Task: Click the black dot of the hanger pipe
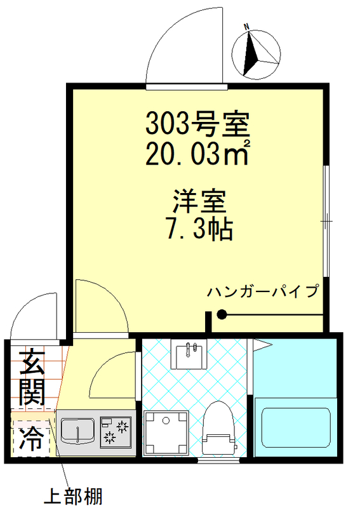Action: [x=222, y=314]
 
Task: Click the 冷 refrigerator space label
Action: [x=30, y=439]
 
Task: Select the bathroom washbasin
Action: [x=189, y=356]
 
